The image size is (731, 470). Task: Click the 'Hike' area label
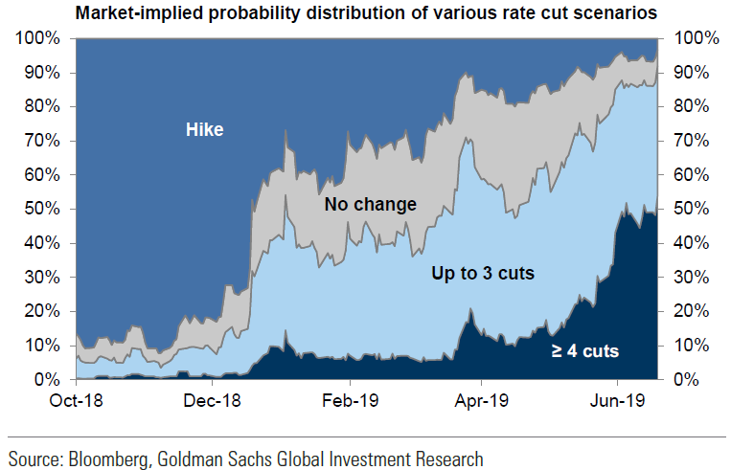[204, 128]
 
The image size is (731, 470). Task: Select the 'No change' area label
[370, 204]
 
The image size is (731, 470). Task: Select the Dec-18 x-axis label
[211, 399]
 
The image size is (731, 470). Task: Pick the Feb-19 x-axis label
[346, 399]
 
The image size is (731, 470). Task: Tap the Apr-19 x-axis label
[481, 399]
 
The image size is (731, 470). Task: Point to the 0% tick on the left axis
[45, 380]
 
